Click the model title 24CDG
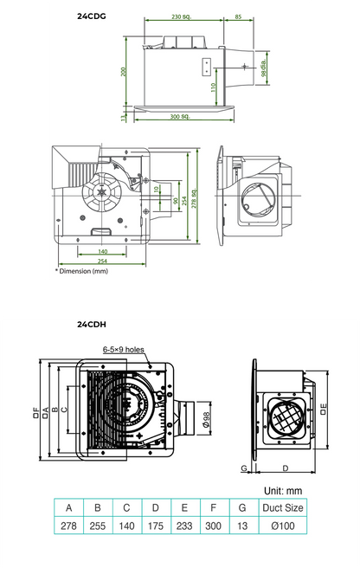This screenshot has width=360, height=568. coord(93,16)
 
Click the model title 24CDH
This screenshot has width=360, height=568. coord(91,326)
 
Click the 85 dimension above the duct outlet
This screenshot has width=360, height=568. coord(238,16)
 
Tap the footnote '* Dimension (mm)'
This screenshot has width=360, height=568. coord(82,271)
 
